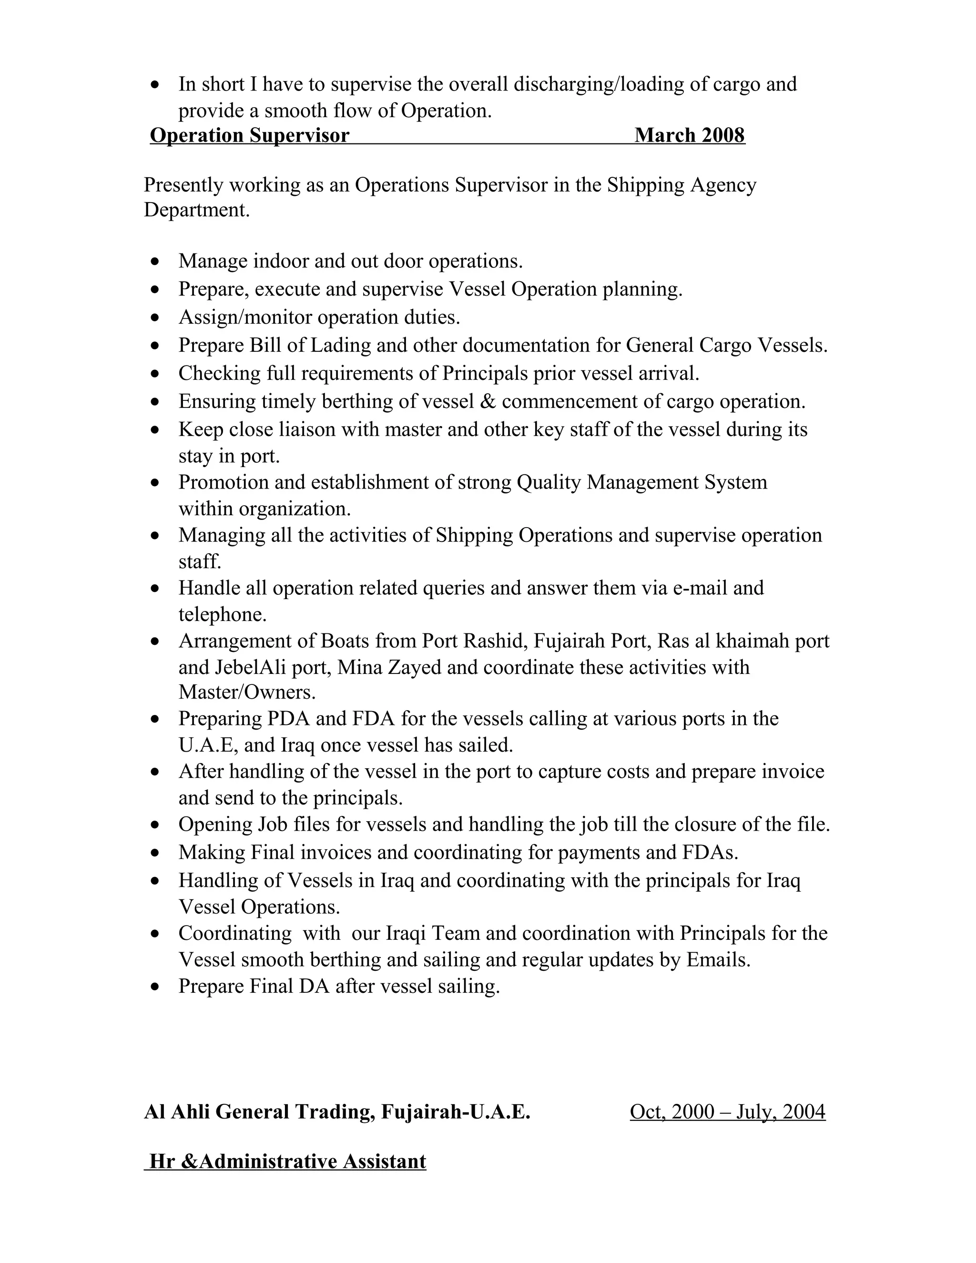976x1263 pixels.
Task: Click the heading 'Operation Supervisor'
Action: point(249,135)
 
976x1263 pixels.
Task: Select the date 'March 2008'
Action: point(689,135)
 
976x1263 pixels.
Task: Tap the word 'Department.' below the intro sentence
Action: point(197,210)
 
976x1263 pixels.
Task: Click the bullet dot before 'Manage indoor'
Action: point(154,262)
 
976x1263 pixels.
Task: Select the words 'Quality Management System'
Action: point(642,482)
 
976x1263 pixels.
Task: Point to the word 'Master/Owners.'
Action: point(247,692)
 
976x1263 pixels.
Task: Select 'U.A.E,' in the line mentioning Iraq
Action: point(208,745)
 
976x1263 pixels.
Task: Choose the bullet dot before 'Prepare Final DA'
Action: point(154,987)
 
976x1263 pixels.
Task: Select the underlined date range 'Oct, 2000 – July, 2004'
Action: point(727,1111)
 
